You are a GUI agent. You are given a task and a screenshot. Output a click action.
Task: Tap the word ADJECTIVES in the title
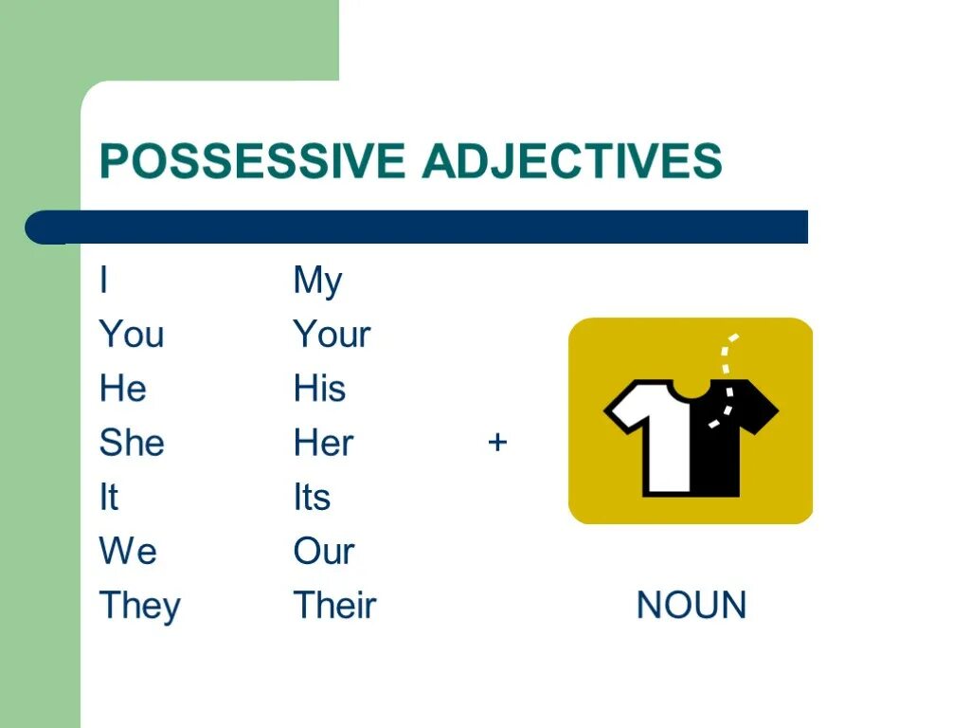pos(572,161)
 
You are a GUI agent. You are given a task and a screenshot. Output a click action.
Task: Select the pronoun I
pos(103,281)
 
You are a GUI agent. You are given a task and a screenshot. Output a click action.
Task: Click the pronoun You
pos(132,335)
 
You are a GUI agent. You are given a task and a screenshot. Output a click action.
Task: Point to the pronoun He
pos(123,389)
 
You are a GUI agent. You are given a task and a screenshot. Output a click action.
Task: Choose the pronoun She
pos(132,443)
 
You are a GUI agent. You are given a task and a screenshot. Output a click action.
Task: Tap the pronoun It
pos(109,497)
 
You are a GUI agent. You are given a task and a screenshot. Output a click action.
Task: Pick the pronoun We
pos(128,551)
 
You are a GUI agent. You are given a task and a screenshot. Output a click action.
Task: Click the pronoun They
pos(139,607)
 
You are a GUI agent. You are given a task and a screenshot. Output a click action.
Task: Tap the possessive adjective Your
pos(332,335)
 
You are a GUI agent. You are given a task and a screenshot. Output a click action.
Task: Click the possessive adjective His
pos(320,389)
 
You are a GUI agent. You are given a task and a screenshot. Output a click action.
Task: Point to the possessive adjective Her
pos(324,443)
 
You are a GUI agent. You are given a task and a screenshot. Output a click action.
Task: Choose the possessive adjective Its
pos(312,497)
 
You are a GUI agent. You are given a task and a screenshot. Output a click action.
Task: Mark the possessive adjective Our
pos(324,551)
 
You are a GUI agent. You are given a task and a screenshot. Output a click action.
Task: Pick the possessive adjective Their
pos(334,606)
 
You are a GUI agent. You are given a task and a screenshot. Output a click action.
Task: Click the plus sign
pos(497,442)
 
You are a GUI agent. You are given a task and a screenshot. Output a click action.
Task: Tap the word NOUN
pos(692,606)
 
